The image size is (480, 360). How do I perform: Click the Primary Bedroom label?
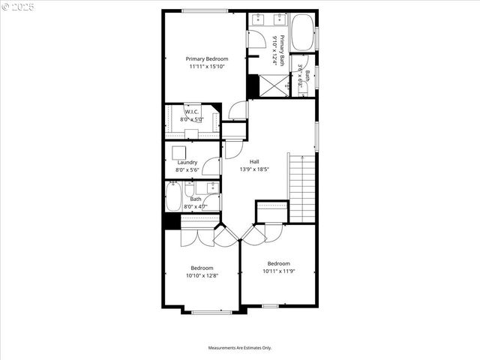[x=207, y=58]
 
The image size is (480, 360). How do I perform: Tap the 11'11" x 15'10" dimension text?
[x=207, y=66]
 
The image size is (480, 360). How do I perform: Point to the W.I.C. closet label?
[x=191, y=112]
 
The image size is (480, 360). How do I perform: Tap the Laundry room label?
[x=187, y=162]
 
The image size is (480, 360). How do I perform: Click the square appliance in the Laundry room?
[x=179, y=151]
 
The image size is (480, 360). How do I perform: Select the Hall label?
[x=254, y=162]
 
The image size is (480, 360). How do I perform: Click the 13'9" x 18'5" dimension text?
[x=254, y=169]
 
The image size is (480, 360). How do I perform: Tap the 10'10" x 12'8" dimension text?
[x=202, y=275]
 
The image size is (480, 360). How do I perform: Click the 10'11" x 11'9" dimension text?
[x=278, y=271]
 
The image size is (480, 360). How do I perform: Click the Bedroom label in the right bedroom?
[x=279, y=263]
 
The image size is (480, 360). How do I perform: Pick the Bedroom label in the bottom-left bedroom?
[x=202, y=268]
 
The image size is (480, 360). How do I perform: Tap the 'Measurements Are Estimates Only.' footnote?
[x=240, y=348]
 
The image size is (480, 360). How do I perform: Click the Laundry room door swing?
[x=212, y=166]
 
